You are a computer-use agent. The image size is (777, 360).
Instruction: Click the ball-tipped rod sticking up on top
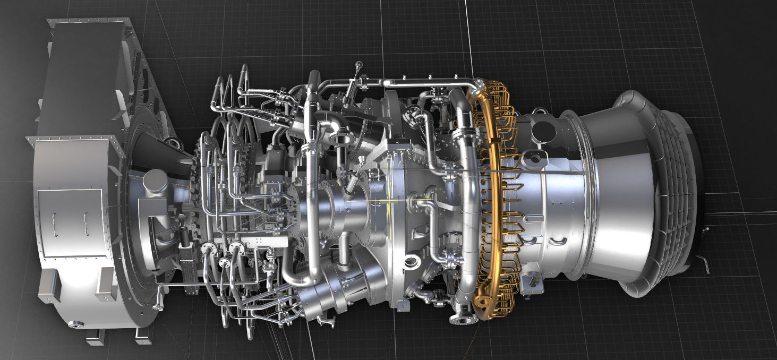tap(359, 66)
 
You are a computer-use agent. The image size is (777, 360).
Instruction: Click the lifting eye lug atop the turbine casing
tap(540, 112)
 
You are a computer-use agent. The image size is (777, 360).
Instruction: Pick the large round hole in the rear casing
tap(541, 129)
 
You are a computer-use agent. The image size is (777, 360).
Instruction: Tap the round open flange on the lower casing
tap(411, 261)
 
